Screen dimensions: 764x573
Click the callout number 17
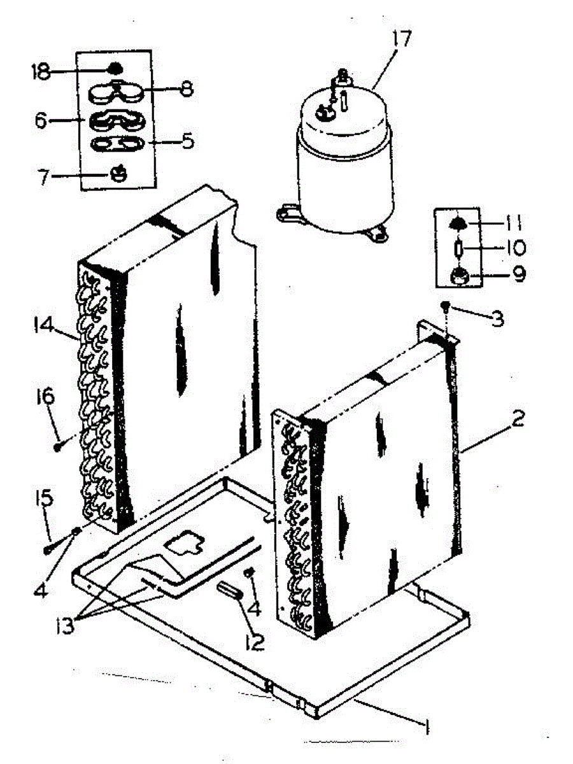(402, 39)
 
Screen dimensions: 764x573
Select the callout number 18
(40, 71)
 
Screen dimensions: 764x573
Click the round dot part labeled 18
(115, 68)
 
